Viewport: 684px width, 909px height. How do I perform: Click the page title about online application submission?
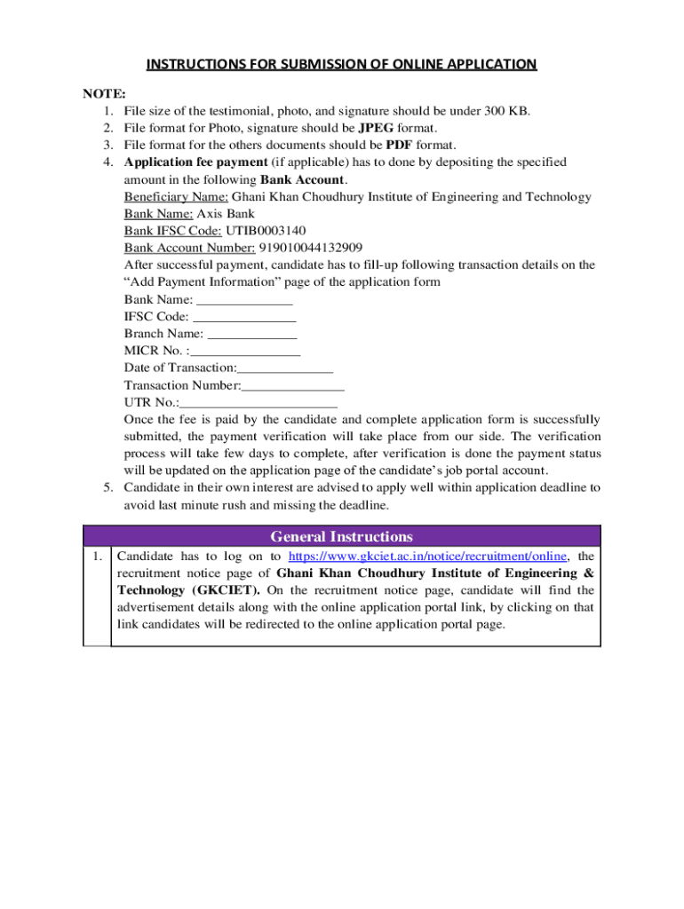pos(341,64)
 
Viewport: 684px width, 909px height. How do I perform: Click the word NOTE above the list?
pos(105,94)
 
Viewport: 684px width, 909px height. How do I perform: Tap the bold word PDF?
pos(402,145)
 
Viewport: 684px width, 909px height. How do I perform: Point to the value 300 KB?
pos(505,111)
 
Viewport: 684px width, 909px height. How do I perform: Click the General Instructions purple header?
pos(341,537)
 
